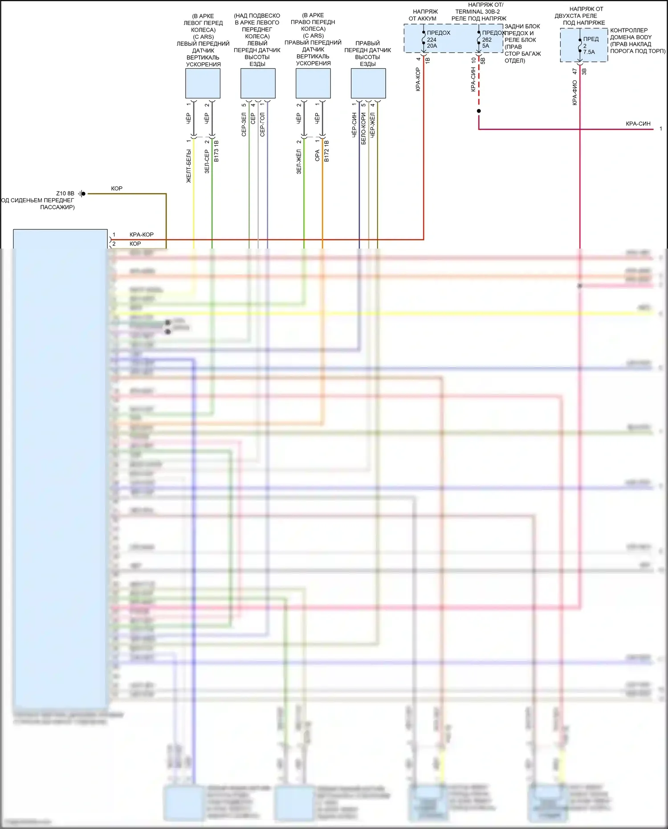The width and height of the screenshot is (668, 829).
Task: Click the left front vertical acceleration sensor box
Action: (x=203, y=83)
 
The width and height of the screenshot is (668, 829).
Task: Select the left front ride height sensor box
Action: (x=258, y=83)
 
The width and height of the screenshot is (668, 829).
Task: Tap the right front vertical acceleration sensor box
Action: (x=313, y=83)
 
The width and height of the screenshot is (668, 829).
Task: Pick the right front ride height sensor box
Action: (x=368, y=83)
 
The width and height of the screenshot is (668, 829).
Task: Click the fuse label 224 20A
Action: (x=432, y=43)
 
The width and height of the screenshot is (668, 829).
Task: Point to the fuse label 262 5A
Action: (x=486, y=43)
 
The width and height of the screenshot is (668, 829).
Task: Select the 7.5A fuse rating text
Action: (x=589, y=52)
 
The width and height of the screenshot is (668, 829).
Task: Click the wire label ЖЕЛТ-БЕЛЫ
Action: (x=188, y=166)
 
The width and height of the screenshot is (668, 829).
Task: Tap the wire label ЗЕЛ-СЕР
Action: (x=207, y=161)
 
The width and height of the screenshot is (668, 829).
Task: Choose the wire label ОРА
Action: (x=317, y=155)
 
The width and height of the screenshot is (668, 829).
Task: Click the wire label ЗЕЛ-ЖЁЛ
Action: (x=299, y=162)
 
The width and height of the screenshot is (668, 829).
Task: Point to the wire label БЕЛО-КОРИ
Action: (x=363, y=129)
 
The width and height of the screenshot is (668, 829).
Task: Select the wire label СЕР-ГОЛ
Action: (x=262, y=124)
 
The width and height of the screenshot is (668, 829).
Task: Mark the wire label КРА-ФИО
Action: (x=574, y=93)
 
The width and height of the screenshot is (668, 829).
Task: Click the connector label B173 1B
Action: (x=216, y=151)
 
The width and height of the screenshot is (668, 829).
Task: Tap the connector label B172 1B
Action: (x=326, y=151)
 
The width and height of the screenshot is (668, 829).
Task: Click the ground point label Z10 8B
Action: (x=65, y=193)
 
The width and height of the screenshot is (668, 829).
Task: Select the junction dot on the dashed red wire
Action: (x=479, y=111)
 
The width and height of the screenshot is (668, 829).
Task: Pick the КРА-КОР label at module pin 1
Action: (x=141, y=235)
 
